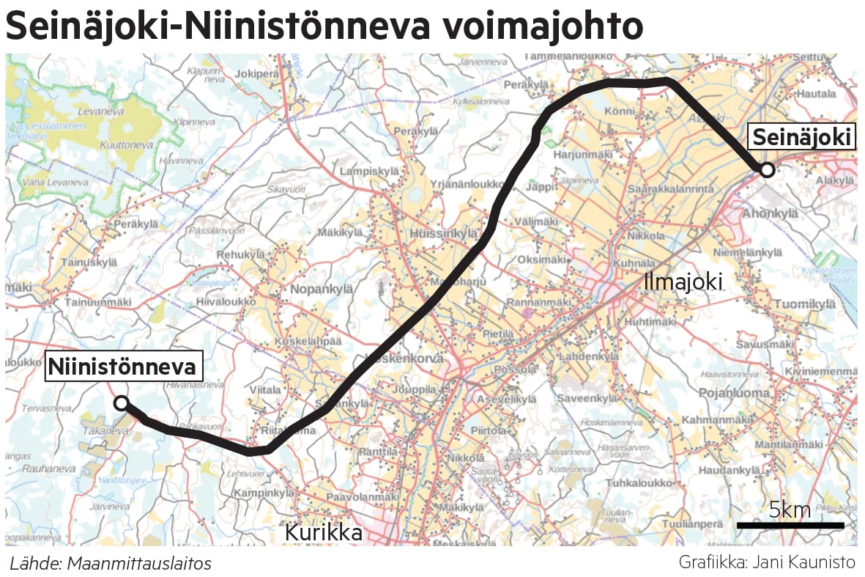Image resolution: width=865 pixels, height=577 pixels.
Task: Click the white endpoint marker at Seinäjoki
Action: click(767, 170)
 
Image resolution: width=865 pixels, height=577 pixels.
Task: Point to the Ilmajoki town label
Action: click(683, 281)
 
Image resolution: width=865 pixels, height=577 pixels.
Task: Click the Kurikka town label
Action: click(323, 533)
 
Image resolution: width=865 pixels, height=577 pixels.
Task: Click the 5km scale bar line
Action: click(790, 525)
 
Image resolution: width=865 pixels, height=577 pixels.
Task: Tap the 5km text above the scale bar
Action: click(790, 510)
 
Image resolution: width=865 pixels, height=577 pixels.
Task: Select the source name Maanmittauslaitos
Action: click(139, 564)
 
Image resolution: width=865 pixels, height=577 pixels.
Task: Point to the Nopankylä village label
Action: click(322, 289)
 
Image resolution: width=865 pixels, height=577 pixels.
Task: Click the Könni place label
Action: click(619, 111)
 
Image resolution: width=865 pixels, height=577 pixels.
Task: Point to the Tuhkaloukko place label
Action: click(639, 483)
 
